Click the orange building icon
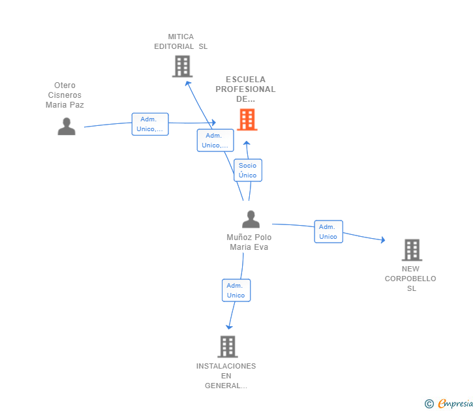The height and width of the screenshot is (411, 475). coord(247,119)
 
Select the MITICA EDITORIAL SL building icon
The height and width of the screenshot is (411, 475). coord(183,67)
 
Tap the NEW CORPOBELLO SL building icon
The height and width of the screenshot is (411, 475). coord(412,250)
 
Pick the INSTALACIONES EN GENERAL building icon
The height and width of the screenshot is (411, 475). coord(228,347)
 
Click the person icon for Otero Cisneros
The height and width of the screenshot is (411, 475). coord(67,127)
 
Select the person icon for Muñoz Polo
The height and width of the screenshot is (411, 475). coord(251,219)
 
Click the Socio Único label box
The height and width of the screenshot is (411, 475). coord(248,170)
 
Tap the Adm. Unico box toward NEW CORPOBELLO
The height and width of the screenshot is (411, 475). coord(328,232)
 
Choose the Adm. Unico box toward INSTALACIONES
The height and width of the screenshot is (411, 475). coord(236,290)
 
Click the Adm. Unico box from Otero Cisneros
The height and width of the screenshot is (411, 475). coord(150,124)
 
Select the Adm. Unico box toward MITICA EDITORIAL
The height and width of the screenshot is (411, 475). coord(215,140)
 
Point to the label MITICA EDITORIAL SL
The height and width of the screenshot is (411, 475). coord(181,42)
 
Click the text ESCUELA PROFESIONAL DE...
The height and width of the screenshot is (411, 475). coord(245,89)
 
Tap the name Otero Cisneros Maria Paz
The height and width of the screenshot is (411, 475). coord(65,95)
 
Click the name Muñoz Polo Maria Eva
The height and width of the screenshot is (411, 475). coord(249,242)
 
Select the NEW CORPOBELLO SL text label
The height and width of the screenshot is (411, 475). coord(410,279)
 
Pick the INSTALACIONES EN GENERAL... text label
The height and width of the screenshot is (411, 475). coord(226,376)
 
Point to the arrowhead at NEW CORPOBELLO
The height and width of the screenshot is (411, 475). coord(383,240)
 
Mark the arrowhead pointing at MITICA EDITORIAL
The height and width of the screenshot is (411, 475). coord(188,83)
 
